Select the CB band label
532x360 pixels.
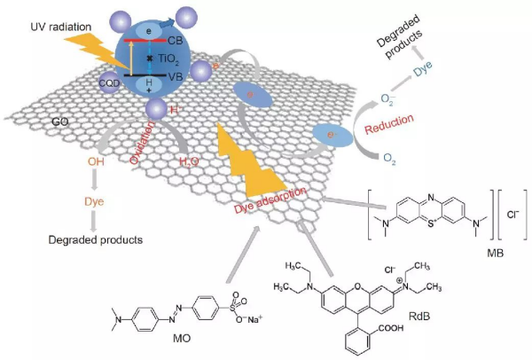coord(189,39)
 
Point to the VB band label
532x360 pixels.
coord(188,77)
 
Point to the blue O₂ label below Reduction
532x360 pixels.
coord(390,157)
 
